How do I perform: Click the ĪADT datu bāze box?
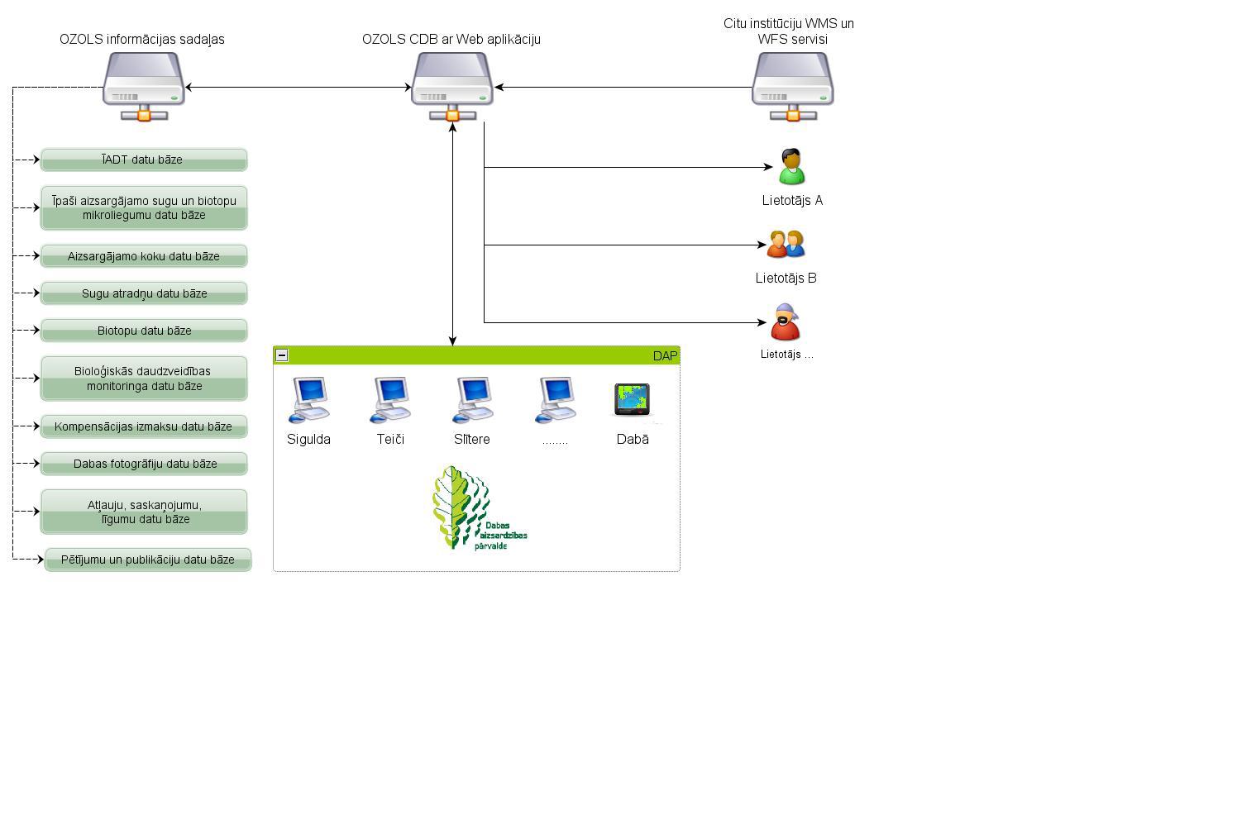tap(144, 160)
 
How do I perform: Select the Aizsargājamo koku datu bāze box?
tap(144, 256)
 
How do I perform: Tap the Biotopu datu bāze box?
tap(144, 331)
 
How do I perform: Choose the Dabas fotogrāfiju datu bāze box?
tap(144, 464)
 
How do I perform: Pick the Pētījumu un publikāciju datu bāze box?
tap(148, 560)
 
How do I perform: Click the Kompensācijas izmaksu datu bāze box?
tap(144, 426)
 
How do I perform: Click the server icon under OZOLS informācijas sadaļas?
tap(144, 85)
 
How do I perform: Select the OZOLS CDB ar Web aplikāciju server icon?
tap(452, 85)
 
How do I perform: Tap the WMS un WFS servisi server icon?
tap(792, 85)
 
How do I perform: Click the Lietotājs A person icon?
tap(791, 167)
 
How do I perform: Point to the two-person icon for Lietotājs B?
tap(786, 245)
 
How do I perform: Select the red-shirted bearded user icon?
tap(785, 322)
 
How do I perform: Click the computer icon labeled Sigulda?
tap(309, 400)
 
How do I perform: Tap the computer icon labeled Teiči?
tap(390, 400)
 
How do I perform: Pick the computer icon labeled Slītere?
tap(472, 400)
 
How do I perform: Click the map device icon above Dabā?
tap(633, 400)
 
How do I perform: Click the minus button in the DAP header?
tap(282, 355)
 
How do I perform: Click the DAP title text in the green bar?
tap(665, 356)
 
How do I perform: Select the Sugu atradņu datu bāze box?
tap(144, 293)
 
